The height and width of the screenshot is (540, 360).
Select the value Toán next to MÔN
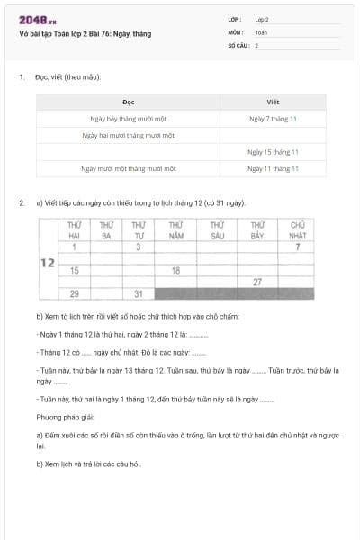261,31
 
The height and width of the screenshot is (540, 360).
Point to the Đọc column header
128,102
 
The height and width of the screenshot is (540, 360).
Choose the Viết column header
274,102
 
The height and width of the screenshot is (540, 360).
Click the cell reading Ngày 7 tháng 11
274,118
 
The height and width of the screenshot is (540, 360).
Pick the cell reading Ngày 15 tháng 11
274,152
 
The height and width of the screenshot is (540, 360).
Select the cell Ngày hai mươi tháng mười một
128,135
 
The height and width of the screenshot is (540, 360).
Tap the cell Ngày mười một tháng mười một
128,168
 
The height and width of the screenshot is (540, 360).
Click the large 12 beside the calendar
49,263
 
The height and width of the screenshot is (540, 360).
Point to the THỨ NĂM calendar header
176,229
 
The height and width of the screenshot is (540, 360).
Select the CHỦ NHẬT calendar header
298,229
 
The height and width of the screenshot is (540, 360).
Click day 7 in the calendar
298,247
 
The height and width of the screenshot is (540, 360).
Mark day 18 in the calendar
176,270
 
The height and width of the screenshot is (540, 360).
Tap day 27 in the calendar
257,282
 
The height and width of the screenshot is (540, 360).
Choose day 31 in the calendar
138,294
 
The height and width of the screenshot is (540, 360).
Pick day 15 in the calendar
74,270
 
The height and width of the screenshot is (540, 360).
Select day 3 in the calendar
138,247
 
